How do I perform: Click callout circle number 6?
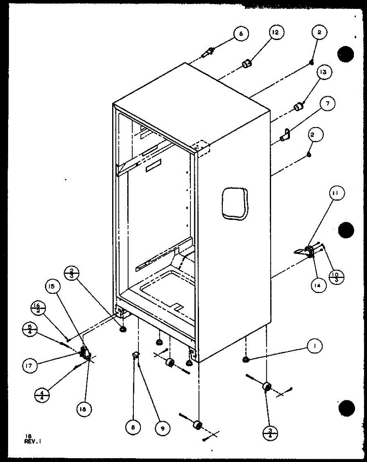coord(241,34)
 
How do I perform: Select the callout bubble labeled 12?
coord(276,33)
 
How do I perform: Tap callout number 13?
coord(325,72)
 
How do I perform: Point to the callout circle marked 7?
coord(327,104)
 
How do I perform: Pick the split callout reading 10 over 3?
coord(337,276)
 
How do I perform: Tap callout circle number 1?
coord(315,346)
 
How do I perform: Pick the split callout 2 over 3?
coord(72,274)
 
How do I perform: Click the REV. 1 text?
coord(33,439)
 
